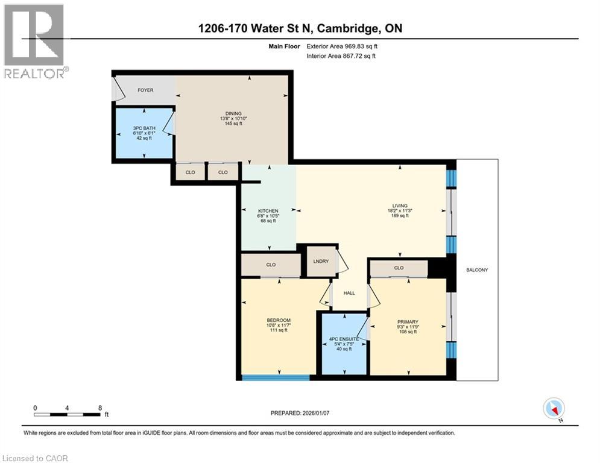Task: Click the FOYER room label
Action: pyautogui.click(x=145, y=90)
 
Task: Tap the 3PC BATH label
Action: pyautogui.click(x=144, y=128)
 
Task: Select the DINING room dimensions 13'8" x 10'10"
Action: pyautogui.click(x=233, y=119)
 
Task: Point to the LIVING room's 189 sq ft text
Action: pyautogui.click(x=399, y=216)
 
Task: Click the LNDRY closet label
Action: pyautogui.click(x=320, y=262)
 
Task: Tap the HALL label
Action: pyautogui.click(x=349, y=293)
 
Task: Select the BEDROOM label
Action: pyautogui.click(x=279, y=320)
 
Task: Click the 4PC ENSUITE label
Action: pyautogui.click(x=344, y=339)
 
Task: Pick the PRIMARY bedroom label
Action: pyautogui.click(x=408, y=322)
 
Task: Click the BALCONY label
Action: pyautogui.click(x=477, y=270)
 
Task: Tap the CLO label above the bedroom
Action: pyautogui.click(x=271, y=265)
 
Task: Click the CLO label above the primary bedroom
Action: pyautogui.click(x=399, y=268)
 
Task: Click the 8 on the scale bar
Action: pyautogui.click(x=99, y=408)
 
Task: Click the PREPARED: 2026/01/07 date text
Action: pyautogui.click(x=301, y=413)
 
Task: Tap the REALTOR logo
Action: pyautogui.click(x=34, y=41)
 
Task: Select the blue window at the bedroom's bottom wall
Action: pyautogui.click(x=276, y=378)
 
